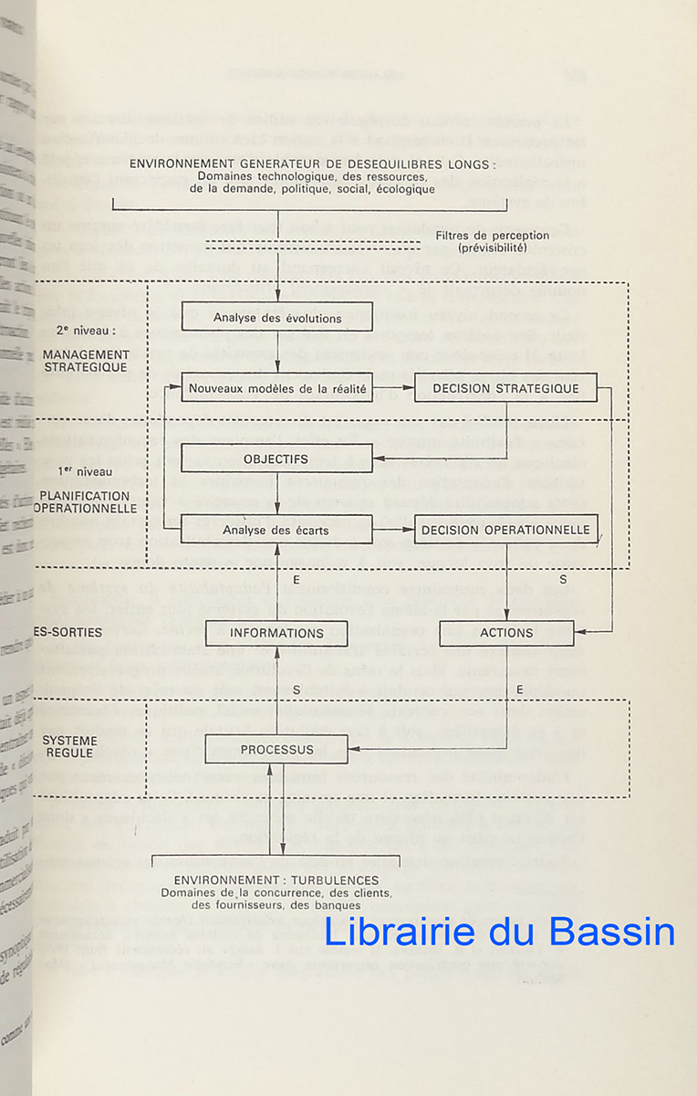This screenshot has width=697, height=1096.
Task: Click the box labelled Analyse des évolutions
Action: (x=277, y=318)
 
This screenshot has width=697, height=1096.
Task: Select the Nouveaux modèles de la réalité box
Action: (x=277, y=388)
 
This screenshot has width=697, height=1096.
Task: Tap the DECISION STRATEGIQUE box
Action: (x=505, y=388)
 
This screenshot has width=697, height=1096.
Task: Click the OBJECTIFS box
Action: (x=277, y=458)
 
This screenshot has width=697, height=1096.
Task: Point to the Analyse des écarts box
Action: (x=277, y=529)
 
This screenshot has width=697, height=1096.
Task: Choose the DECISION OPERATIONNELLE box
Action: (x=505, y=529)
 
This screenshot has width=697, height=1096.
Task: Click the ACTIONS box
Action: (x=506, y=633)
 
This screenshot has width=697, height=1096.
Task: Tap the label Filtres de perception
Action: (x=505, y=236)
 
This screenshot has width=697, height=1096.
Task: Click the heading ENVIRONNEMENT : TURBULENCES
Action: (x=276, y=880)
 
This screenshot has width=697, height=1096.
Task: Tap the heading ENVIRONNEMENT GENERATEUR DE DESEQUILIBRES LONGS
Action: (x=313, y=164)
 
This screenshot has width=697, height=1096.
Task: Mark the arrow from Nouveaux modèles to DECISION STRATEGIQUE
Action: (x=393, y=388)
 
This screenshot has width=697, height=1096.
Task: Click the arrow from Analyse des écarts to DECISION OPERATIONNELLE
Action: (x=393, y=529)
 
